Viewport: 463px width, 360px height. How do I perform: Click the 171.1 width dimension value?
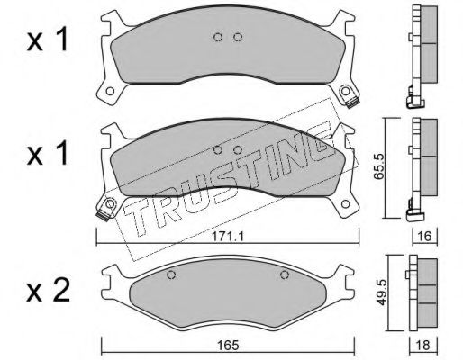(x=228, y=237)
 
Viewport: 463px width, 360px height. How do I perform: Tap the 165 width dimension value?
(x=229, y=346)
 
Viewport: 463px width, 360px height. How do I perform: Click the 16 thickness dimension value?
(x=424, y=237)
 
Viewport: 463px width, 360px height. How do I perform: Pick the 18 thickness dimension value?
(x=423, y=346)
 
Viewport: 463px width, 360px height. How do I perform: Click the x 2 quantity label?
(x=48, y=291)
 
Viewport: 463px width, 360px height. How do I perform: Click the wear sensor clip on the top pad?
(x=352, y=103)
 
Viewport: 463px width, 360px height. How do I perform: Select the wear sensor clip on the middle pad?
(x=103, y=215)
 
